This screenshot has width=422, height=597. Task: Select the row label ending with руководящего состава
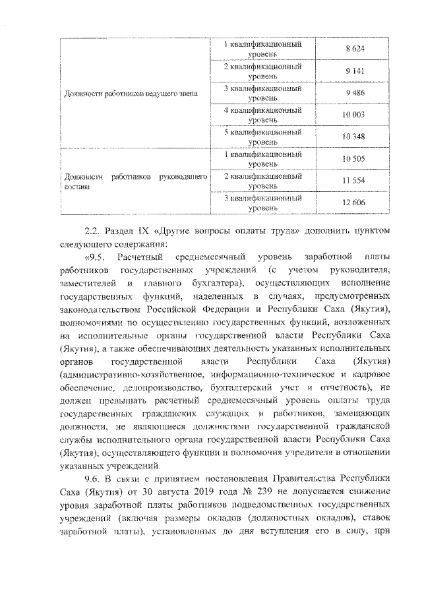[x=135, y=181]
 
